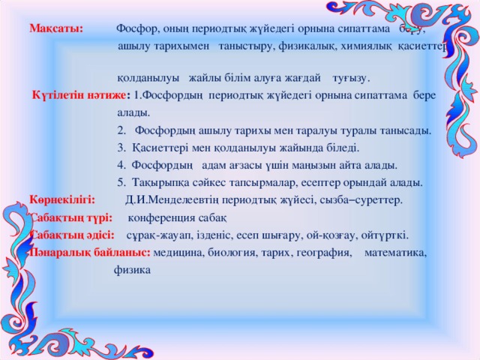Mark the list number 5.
click(121, 182)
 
